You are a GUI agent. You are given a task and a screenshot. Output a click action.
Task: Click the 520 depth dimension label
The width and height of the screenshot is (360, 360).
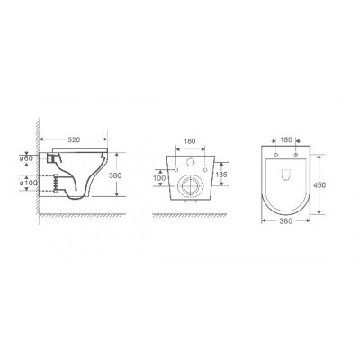(74, 139)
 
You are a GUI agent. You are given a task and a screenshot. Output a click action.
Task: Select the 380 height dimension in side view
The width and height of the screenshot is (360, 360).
(115, 175)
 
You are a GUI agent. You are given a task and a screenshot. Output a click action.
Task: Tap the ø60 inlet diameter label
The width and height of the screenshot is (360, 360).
(26, 158)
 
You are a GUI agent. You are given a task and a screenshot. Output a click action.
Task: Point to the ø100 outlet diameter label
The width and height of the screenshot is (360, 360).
(28, 184)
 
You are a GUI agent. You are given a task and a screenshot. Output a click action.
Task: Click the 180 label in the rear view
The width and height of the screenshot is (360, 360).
(190, 141)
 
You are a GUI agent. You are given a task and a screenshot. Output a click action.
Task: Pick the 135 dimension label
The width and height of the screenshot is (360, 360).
(221, 175)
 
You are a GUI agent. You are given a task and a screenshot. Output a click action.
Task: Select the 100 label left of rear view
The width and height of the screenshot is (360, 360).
(159, 178)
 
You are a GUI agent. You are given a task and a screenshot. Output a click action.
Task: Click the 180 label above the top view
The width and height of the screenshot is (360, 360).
(286, 139)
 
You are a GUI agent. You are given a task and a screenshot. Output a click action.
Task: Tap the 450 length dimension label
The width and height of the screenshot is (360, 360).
(319, 185)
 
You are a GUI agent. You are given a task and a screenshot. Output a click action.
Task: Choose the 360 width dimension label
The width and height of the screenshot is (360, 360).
(286, 221)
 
